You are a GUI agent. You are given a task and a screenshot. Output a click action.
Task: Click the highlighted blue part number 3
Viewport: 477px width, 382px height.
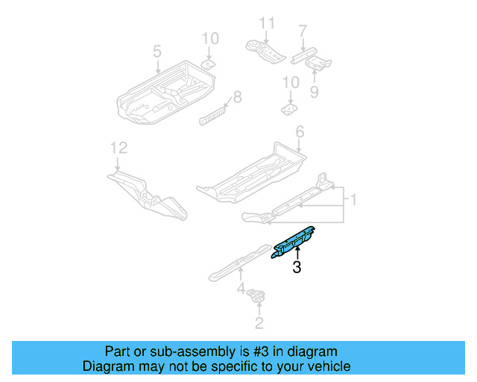tap(293, 242)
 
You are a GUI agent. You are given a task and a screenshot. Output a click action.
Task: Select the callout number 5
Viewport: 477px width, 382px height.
tap(157, 51)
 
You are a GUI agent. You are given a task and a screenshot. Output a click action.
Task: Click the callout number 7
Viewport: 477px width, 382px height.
tap(303, 31)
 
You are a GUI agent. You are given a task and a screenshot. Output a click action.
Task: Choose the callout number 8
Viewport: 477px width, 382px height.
tap(238, 96)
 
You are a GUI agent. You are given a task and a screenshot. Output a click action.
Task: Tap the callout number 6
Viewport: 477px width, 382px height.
tap(300, 132)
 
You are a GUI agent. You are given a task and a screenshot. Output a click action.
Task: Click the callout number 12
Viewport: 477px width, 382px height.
tap(115, 148)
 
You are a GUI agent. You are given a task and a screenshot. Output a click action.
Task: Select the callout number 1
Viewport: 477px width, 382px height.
tap(354, 200)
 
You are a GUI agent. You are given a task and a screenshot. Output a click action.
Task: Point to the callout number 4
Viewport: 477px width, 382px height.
tap(241, 288)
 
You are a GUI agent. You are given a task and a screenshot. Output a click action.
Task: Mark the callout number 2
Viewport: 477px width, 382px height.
tap(259, 322)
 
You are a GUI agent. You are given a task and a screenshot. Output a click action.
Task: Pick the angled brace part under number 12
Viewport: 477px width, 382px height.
tap(148, 193)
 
